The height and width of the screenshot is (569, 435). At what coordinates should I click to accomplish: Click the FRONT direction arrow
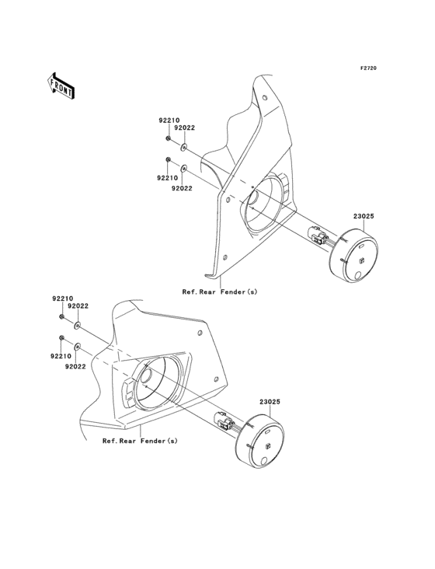click(x=61, y=86)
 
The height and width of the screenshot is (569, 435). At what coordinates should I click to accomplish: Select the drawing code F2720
click(x=368, y=68)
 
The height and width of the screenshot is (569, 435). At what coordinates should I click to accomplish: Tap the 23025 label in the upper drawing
click(x=364, y=216)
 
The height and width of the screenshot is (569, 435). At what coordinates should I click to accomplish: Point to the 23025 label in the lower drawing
click(x=270, y=402)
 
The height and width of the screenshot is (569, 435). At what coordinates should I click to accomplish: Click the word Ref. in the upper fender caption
click(x=190, y=291)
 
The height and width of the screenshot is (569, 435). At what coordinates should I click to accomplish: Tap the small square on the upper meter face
click(x=361, y=260)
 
